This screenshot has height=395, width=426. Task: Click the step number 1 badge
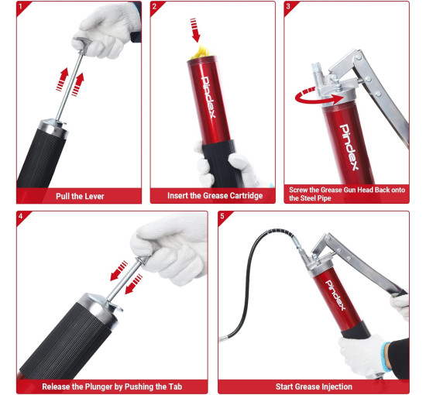(x=21, y=6)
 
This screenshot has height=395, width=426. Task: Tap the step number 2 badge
(x=155, y=6)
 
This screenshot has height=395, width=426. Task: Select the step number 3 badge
(x=288, y=6)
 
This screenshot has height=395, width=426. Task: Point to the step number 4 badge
(x=21, y=216)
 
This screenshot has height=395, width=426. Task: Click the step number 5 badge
(x=222, y=216)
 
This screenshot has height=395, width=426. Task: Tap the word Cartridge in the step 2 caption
(x=246, y=196)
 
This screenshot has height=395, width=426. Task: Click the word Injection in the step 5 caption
(x=337, y=386)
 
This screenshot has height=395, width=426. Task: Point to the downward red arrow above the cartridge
(x=194, y=30)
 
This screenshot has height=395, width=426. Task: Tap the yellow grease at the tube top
(x=201, y=53)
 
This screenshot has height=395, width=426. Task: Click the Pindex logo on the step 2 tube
(x=209, y=98)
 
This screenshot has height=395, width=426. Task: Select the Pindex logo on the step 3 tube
(x=349, y=147)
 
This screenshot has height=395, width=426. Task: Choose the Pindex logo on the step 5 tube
(x=335, y=295)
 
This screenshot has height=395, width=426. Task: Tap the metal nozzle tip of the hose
(x=223, y=338)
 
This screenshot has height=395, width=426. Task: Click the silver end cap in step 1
(x=53, y=128)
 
